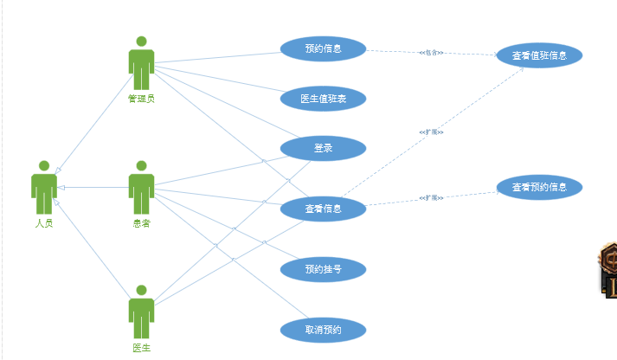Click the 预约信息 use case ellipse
click(323, 48)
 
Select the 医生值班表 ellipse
click(323, 99)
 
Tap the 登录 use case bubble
click(323, 148)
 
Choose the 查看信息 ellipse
click(323, 209)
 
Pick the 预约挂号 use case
click(323, 269)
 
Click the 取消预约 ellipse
click(323, 330)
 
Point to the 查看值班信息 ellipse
click(539, 55)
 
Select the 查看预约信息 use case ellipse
click(539, 187)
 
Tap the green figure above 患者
click(141, 187)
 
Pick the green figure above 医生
click(141, 312)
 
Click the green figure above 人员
click(44, 187)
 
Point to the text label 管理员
click(141, 99)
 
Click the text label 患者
click(141, 223)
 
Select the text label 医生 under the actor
click(141, 348)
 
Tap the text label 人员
click(44, 223)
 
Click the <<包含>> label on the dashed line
click(431, 53)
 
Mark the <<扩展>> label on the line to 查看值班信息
click(431, 132)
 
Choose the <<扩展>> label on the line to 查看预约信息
click(431, 198)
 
